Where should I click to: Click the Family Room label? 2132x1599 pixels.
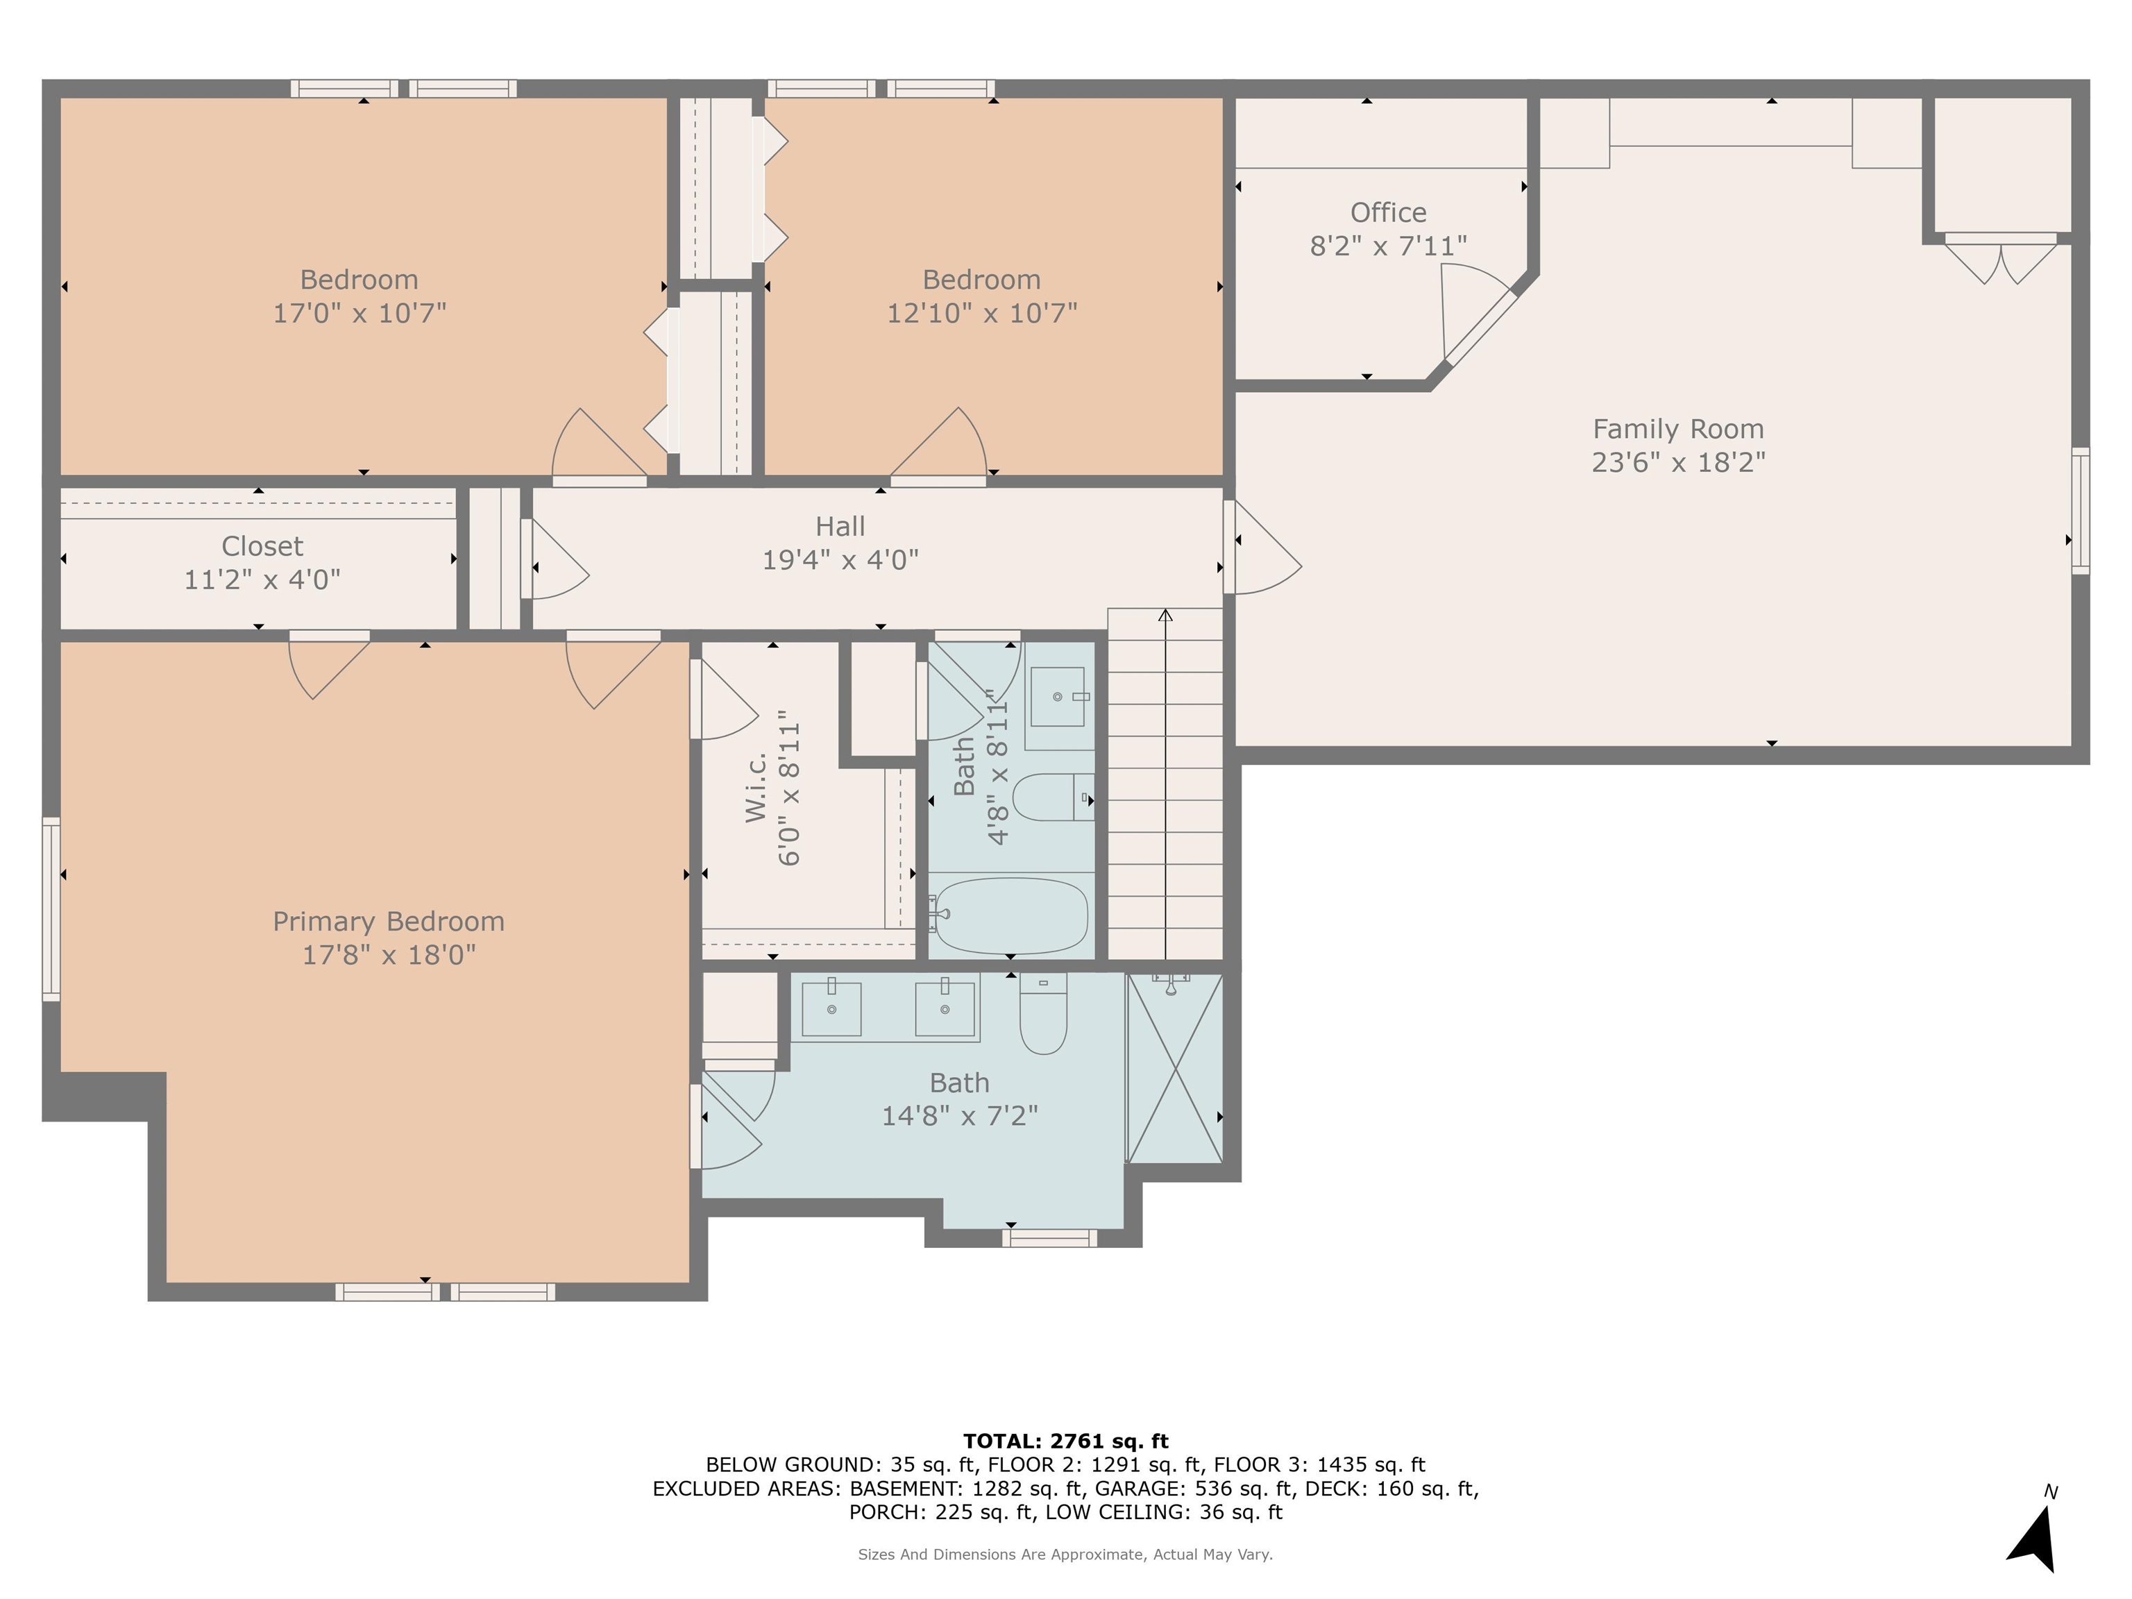coord(1678,429)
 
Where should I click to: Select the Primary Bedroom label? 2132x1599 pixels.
coord(389,922)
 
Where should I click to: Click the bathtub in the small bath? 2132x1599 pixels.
coord(1011,915)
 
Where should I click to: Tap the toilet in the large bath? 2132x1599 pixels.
coord(1044,1013)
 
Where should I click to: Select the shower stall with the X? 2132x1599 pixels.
coord(1175,1068)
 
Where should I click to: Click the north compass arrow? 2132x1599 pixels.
coord(2036,1539)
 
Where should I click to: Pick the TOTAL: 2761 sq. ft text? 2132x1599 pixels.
coord(1065,1441)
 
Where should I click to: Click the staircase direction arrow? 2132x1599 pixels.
coord(1165,784)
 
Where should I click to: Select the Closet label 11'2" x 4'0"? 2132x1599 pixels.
coord(262,563)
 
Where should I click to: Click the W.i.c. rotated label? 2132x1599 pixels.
coord(756,788)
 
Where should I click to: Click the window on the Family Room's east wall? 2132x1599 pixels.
coord(2081,511)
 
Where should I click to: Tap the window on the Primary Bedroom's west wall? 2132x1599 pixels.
coord(51,910)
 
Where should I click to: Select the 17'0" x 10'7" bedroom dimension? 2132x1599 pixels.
coord(359,313)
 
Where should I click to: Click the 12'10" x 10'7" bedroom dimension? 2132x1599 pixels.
coord(982,313)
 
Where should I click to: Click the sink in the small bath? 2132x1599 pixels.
coord(1058,697)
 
